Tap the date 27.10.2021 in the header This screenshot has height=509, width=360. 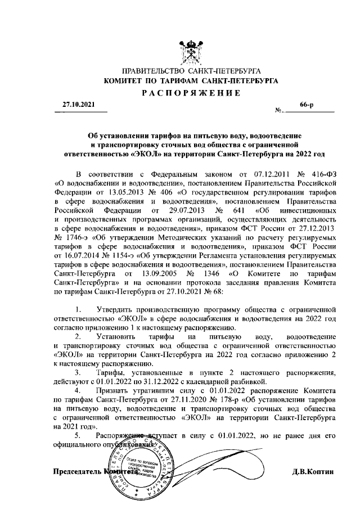point(79,105)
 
